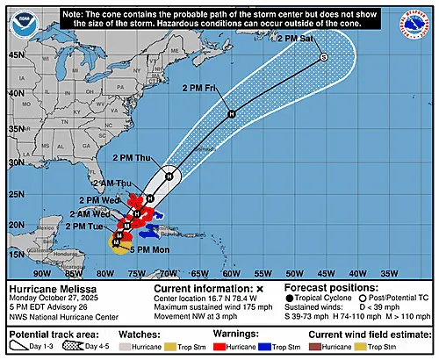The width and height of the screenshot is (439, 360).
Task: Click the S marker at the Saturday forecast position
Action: click(x=323, y=57)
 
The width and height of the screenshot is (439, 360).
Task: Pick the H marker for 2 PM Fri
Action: click(x=232, y=114)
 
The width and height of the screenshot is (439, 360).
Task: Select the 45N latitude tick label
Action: click(x=15, y=54)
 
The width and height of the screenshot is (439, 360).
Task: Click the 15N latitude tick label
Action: click(x=15, y=254)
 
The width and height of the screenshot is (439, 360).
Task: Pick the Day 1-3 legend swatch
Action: click(x=20, y=347)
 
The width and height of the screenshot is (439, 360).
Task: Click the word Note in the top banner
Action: click(x=76, y=12)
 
